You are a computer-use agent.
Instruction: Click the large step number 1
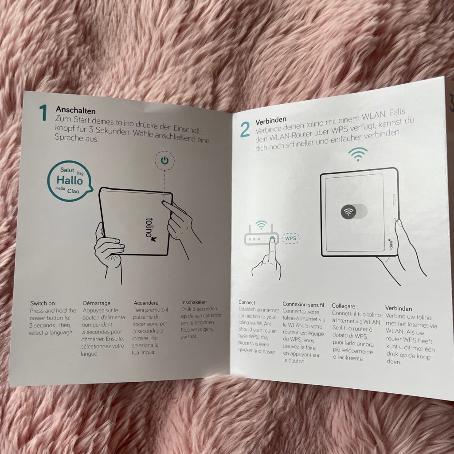click(x=43, y=113)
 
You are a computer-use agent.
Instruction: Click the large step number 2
click(x=245, y=130)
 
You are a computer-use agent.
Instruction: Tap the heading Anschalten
click(x=75, y=110)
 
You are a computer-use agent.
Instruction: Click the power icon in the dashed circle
click(x=164, y=160)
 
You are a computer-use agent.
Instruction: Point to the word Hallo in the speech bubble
click(x=70, y=180)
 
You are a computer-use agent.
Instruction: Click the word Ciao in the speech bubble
click(x=73, y=191)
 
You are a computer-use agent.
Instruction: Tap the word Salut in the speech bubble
click(x=67, y=170)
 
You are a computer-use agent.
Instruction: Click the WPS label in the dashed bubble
click(x=291, y=239)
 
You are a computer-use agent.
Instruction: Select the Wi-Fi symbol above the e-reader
click(x=358, y=154)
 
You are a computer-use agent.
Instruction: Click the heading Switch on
click(x=42, y=303)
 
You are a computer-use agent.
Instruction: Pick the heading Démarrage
click(x=96, y=303)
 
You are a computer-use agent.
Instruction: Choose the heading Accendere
click(x=146, y=303)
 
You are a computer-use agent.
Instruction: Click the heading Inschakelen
click(x=194, y=302)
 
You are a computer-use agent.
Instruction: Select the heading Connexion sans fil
click(x=303, y=305)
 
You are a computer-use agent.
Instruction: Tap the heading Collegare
click(x=344, y=306)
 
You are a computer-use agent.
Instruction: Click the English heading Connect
click(x=247, y=302)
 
